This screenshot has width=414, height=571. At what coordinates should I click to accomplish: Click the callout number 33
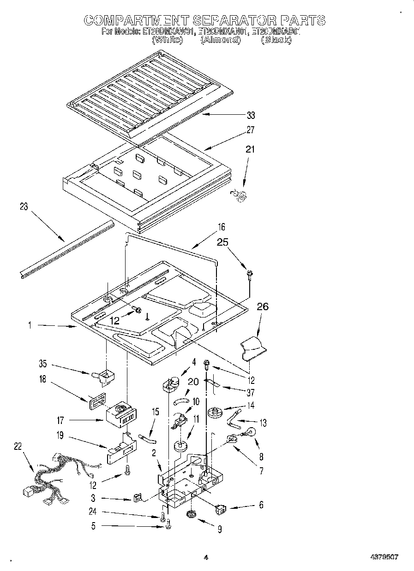click(x=251, y=115)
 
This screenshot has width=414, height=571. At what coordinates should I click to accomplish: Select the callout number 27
click(x=251, y=130)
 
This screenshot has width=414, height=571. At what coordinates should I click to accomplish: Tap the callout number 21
click(x=250, y=149)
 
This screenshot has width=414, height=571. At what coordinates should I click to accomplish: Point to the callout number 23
click(x=24, y=207)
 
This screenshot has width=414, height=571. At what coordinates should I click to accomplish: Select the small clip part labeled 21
click(x=240, y=195)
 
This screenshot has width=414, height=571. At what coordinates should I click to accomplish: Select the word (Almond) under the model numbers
click(x=220, y=40)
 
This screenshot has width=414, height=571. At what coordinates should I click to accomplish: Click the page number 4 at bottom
click(x=206, y=557)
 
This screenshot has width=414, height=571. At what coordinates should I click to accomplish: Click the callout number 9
click(x=219, y=530)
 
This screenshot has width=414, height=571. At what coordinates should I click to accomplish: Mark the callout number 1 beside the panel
click(x=30, y=325)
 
